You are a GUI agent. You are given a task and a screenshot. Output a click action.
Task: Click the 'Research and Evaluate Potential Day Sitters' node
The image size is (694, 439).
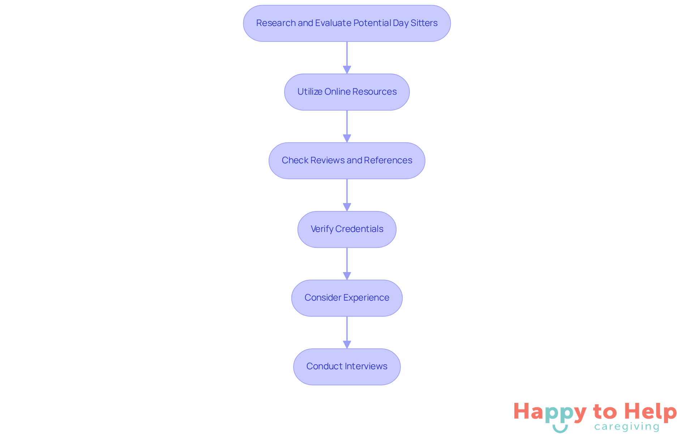[347, 23]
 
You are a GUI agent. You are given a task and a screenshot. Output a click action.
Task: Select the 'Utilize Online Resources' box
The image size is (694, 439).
[347, 92]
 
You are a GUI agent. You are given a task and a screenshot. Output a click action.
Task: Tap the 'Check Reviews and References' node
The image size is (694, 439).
[347, 161]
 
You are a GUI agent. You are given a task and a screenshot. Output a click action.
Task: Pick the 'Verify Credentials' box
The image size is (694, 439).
[347, 229]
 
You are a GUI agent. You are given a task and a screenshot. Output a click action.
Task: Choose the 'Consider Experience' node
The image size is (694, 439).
[347, 298]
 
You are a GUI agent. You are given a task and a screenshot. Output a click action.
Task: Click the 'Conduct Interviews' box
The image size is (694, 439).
[347, 367]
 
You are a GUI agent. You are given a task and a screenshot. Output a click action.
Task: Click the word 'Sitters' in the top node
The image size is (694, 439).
[424, 23]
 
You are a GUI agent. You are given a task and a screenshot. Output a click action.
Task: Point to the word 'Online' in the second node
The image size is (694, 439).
[337, 92]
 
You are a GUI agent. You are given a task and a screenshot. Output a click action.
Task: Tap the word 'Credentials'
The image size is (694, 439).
[359, 229]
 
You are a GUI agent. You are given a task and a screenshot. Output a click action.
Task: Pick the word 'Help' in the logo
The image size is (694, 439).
[650, 412]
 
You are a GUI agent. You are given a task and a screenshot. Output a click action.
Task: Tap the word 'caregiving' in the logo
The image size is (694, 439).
[627, 427]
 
